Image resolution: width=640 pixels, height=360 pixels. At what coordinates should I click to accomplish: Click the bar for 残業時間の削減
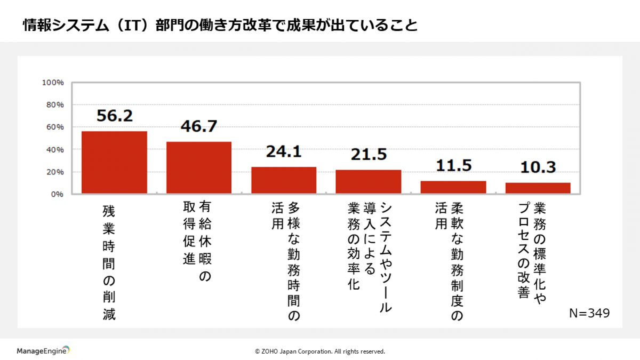pos(114,162)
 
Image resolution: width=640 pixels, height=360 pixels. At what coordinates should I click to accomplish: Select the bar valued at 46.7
pos(199,167)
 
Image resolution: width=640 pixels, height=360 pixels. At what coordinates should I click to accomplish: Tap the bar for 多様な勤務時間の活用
pos(284,180)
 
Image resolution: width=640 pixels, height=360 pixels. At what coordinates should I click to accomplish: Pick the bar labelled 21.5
pos(369,181)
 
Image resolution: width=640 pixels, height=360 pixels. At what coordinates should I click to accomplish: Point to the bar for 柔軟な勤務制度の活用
pos(453,187)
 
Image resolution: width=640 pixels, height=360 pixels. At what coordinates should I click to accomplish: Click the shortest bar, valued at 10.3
pos(538,188)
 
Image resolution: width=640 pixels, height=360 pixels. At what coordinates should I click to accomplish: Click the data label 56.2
pos(114,116)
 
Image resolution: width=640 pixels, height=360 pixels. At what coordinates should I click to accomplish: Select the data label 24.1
pos(284,152)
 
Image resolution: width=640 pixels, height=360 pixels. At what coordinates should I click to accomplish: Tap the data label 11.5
pos(453,165)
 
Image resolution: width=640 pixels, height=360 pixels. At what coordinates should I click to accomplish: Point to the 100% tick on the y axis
pos(53,83)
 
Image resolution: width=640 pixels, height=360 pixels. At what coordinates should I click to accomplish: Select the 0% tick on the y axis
pos(57,194)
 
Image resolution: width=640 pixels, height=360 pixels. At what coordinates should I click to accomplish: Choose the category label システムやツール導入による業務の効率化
pos(369,256)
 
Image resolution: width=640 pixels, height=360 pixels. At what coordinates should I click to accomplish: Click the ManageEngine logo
pos(43,351)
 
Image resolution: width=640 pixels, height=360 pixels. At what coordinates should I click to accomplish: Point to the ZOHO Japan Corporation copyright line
pos(320,351)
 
